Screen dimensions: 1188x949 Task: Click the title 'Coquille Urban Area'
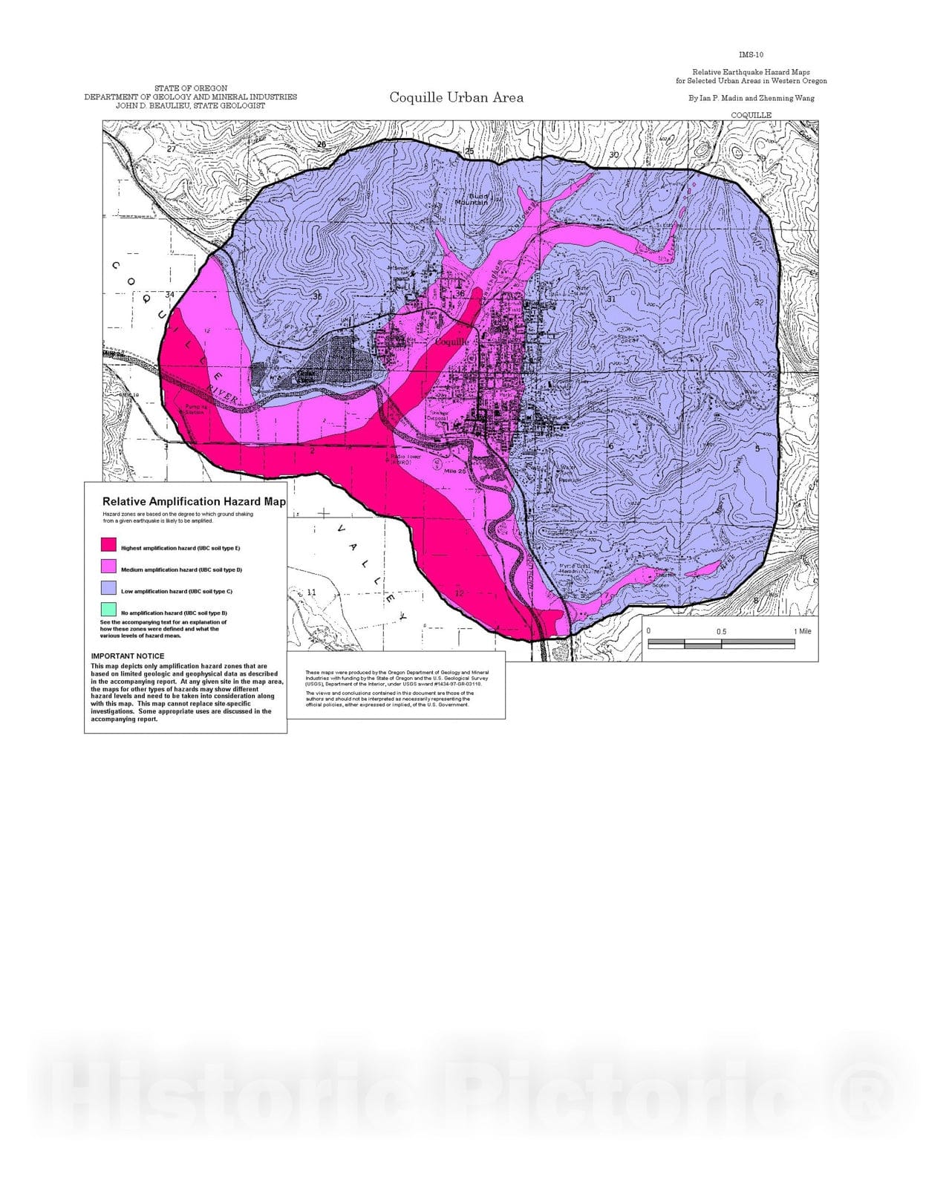pos(456,97)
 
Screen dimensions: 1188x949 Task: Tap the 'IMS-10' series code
pos(751,54)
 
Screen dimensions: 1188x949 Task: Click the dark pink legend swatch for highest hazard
pos(108,545)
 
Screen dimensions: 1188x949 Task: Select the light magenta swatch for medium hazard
pos(108,567)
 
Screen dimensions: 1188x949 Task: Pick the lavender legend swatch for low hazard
pos(108,588)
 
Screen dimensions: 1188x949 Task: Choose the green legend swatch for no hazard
pos(108,610)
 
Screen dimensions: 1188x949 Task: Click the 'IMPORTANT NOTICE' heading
pos(128,656)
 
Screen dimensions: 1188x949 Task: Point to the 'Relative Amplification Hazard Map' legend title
pos(194,502)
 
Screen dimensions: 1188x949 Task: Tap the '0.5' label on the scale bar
pos(721,632)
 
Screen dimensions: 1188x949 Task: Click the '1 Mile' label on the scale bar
pos(802,631)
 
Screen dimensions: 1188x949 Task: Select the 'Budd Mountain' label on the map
pos(472,199)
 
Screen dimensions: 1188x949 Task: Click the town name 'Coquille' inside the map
pos(451,342)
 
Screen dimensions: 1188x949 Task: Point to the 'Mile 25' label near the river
pos(454,471)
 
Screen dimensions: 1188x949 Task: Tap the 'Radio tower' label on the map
pos(406,457)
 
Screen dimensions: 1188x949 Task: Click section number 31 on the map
pos(611,299)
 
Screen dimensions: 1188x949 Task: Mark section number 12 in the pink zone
pos(459,593)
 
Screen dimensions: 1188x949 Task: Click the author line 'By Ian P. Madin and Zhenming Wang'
pos(751,98)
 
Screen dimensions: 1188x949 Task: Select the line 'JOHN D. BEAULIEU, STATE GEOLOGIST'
pos(190,105)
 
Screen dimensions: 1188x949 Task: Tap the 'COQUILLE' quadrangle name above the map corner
pos(751,115)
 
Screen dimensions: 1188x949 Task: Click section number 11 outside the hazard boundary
pos(312,593)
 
